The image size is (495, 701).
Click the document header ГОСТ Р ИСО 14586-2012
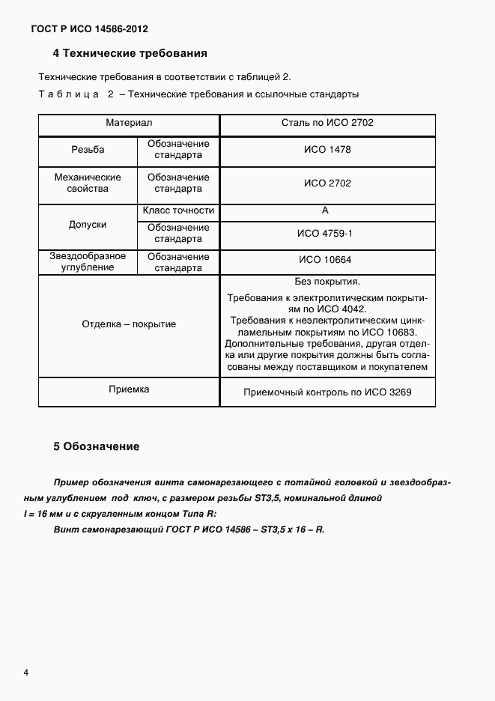click(89, 29)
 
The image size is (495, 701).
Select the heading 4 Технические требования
click(130, 54)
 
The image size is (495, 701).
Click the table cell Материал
click(128, 122)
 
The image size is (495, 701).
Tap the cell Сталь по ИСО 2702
click(327, 122)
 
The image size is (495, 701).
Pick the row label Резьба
click(88, 150)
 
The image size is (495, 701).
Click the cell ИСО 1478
click(327, 150)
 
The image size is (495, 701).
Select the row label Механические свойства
click(88, 183)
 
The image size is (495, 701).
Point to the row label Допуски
click(88, 225)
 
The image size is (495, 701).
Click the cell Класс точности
click(178, 211)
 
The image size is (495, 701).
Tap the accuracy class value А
click(325, 211)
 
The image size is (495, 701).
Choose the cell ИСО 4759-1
click(327, 234)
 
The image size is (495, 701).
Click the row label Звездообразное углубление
click(88, 261)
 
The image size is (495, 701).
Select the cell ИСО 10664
click(327, 261)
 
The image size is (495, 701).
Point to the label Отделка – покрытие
click(128, 324)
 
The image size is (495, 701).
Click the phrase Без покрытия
click(327, 282)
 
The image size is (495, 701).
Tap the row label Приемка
click(128, 389)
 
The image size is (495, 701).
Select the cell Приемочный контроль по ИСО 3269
click(327, 392)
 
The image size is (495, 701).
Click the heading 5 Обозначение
click(97, 447)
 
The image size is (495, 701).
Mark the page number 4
click(26, 673)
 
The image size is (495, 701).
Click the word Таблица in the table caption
click(68, 94)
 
